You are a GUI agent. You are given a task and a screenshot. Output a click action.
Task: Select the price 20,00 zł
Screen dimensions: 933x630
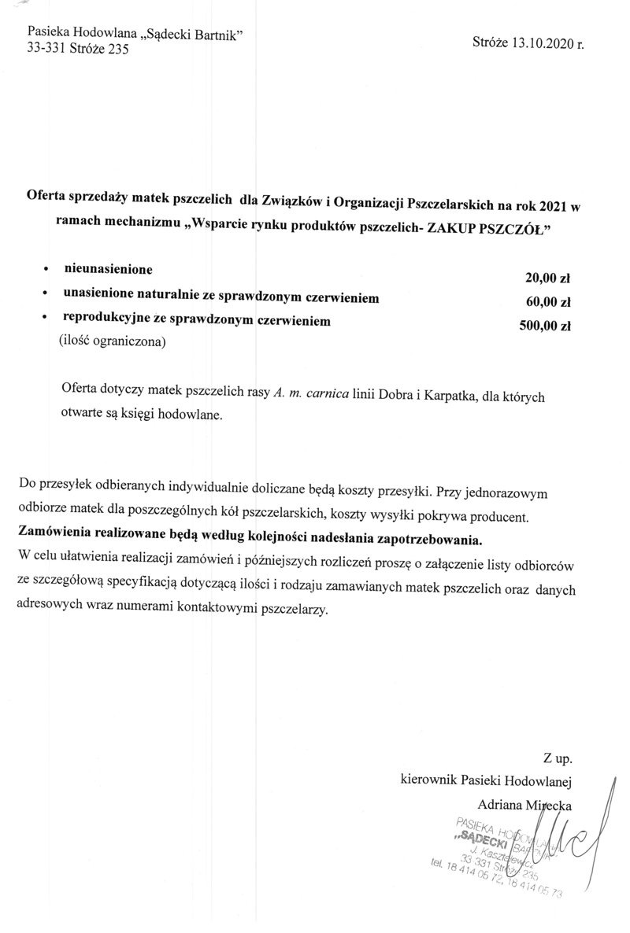coord(547,278)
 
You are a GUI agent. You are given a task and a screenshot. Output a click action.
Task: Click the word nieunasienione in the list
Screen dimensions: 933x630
coord(108,270)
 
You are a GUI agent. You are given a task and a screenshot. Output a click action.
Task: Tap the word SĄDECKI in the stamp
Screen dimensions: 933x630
coord(480,839)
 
